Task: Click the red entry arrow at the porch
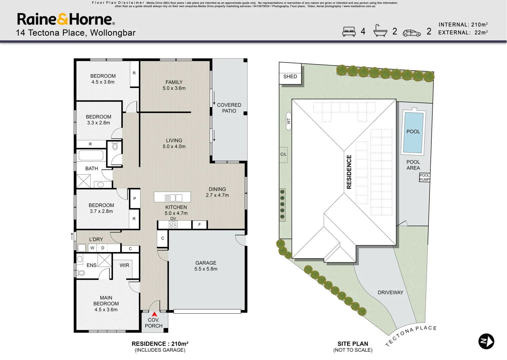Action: tap(154, 314)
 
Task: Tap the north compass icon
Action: tap(486, 341)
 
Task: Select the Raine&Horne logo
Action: tap(66, 19)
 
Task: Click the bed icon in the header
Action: tap(349, 31)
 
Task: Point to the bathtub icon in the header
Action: tap(380, 31)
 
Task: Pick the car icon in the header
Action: tap(412, 33)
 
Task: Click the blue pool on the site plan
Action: tap(413, 133)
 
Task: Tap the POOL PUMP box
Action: tap(424, 177)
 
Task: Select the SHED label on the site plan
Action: tap(290, 77)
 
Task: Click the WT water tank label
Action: tap(288, 121)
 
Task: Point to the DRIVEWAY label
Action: tap(390, 292)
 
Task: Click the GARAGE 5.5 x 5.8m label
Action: tap(206, 266)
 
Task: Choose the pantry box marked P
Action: tap(135, 199)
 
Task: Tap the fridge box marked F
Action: tap(200, 225)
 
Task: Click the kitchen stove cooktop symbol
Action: tap(173, 225)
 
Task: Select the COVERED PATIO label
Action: tap(229, 108)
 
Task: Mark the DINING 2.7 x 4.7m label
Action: tap(217, 192)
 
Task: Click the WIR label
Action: tap(124, 265)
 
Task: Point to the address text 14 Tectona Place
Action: tap(51, 33)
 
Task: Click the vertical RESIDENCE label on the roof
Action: tap(349, 172)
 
